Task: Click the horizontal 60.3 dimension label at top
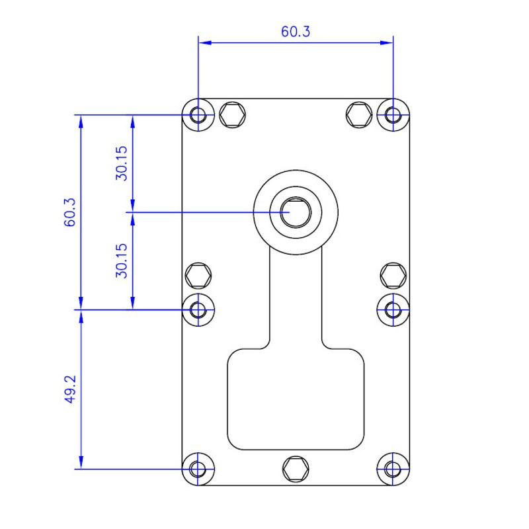[296, 31]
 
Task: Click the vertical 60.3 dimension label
[70, 212]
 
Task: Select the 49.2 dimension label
[70, 389]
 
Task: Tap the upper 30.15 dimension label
[122, 163]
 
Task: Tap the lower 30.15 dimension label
[122, 261]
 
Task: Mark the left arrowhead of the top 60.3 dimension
[205, 43]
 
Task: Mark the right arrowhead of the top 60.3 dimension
[387, 43]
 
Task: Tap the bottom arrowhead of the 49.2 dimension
[81, 462]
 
